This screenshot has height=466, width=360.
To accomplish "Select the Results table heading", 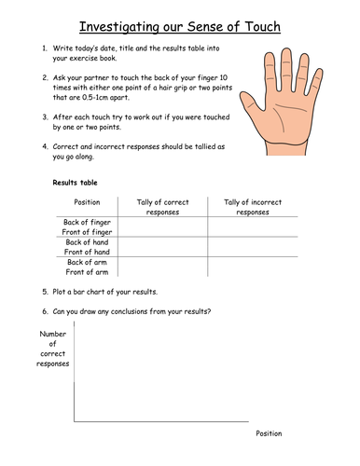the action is coord(76,183).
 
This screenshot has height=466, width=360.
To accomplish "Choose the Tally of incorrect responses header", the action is coord(252,206).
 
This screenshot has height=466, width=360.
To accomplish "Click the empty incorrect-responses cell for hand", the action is coord(252,246).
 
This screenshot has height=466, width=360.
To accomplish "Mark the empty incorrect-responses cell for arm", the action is coord(252,267).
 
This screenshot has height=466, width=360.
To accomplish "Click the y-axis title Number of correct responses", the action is coord(54,349).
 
